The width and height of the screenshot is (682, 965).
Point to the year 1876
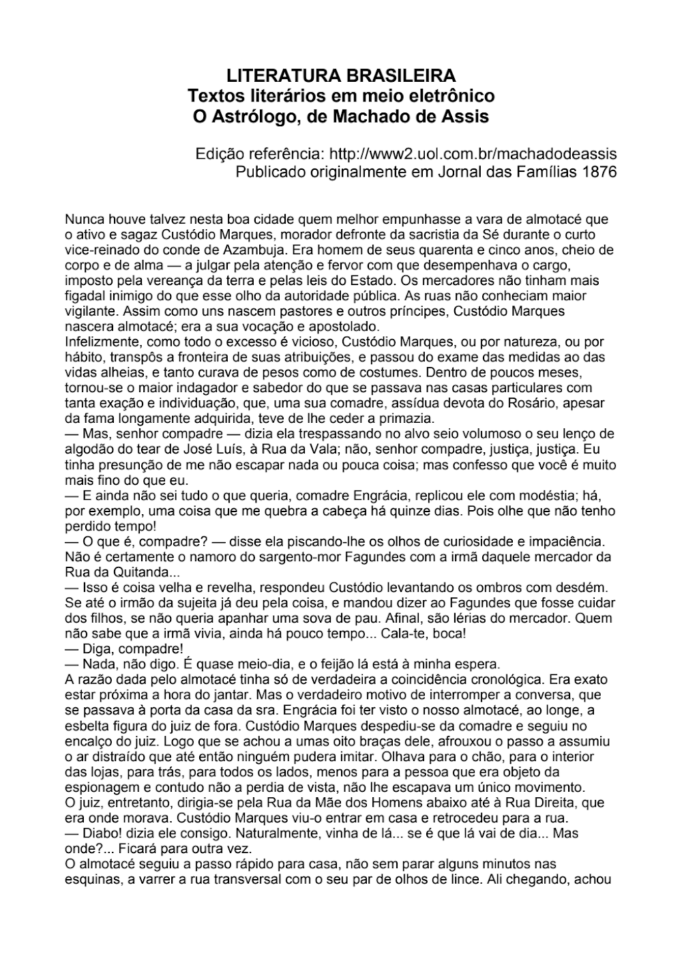pyautogui.click(x=600, y=171)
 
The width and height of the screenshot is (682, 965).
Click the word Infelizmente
pyautogui.click(x=96, y=342)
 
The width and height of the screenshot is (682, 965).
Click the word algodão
pyautogui.click(x=89, y=449)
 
